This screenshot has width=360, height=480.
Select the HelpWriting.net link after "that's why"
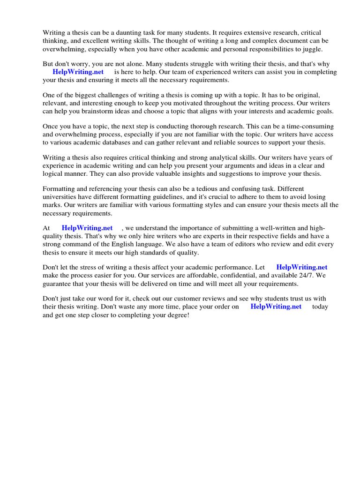tap(78, 72)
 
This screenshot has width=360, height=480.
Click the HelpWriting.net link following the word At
tap(87, 228)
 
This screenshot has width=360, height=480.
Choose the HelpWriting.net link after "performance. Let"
tap(302, 267)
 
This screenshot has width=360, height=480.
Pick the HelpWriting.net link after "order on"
tap(276, 307)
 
